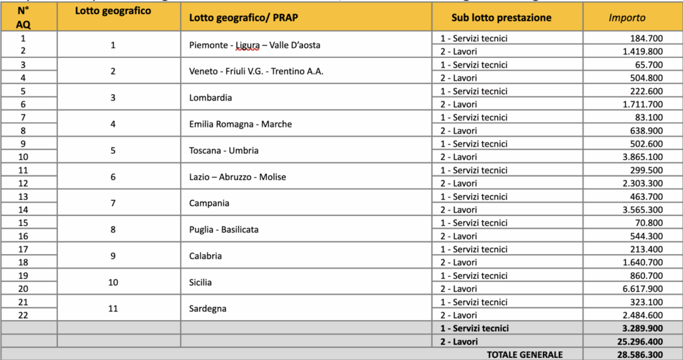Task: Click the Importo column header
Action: (627, 18)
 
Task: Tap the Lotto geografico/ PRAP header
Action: (243, 18)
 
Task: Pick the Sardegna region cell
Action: (208, 309)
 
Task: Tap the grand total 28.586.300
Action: (639, 354)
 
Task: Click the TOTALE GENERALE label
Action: (524, 354)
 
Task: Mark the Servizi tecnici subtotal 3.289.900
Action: (642, 328)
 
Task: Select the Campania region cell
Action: (209, 203)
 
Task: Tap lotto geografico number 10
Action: (113, 282)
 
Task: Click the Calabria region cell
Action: (206, 256)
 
